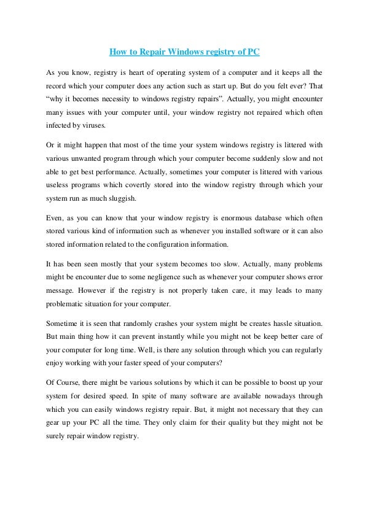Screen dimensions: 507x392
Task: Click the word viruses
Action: (x=93, y=126)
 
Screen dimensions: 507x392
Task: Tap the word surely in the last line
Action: (x=58, y=437)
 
